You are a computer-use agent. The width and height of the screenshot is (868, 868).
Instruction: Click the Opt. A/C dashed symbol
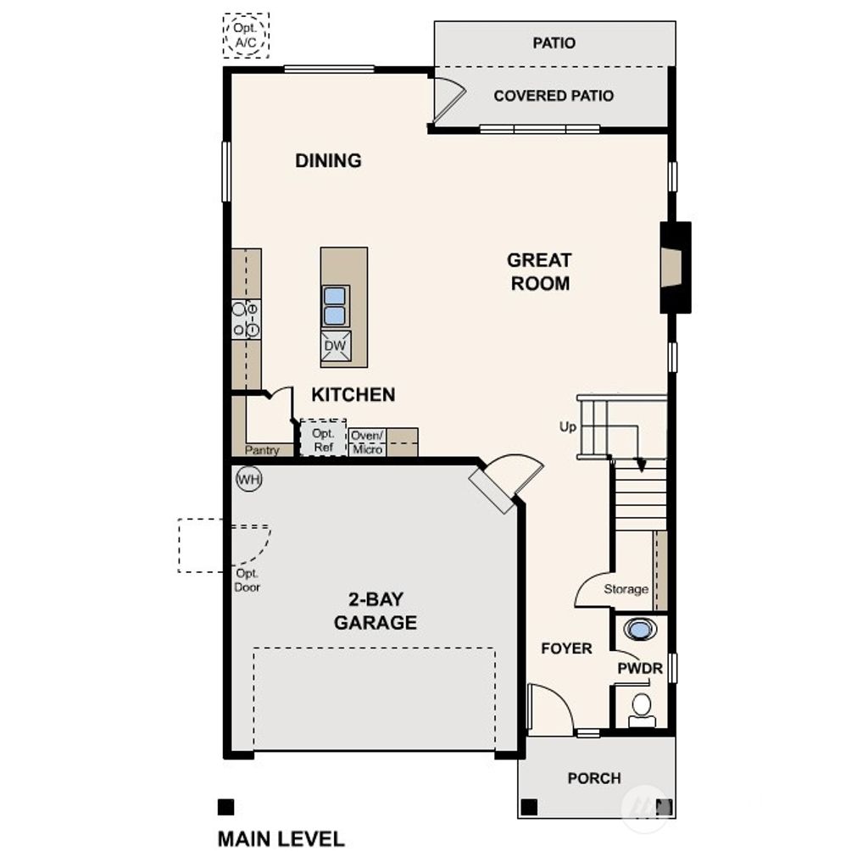(246, 36)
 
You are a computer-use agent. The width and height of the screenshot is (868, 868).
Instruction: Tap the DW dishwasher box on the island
(334, 346)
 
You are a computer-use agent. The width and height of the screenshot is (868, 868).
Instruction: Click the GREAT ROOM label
(540, 272)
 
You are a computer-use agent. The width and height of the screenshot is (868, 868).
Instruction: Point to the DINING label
(328, 160)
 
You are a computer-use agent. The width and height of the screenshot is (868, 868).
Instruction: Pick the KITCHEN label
(353, 395)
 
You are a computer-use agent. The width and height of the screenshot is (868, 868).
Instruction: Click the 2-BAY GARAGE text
(375, 611)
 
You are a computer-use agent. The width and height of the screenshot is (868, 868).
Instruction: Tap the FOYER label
(566, 648)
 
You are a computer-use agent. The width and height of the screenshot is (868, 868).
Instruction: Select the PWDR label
(639, 669)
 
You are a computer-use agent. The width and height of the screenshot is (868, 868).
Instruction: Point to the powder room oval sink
(640, 630)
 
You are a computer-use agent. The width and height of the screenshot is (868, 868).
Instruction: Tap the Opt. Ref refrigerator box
(324, 439)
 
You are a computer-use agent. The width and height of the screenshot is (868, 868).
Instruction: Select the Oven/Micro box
(367, 442)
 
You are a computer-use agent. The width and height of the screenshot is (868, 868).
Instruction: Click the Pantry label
(262, 451)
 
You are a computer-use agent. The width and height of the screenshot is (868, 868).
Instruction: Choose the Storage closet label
(626, 589)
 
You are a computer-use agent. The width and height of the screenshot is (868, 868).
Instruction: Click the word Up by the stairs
(567, 426)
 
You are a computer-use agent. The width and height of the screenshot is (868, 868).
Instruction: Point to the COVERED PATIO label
(554, 96)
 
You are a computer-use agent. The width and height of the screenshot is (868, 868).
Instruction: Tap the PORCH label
(594, 778)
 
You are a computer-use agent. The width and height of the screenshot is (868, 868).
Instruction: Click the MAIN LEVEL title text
(281, 839)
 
